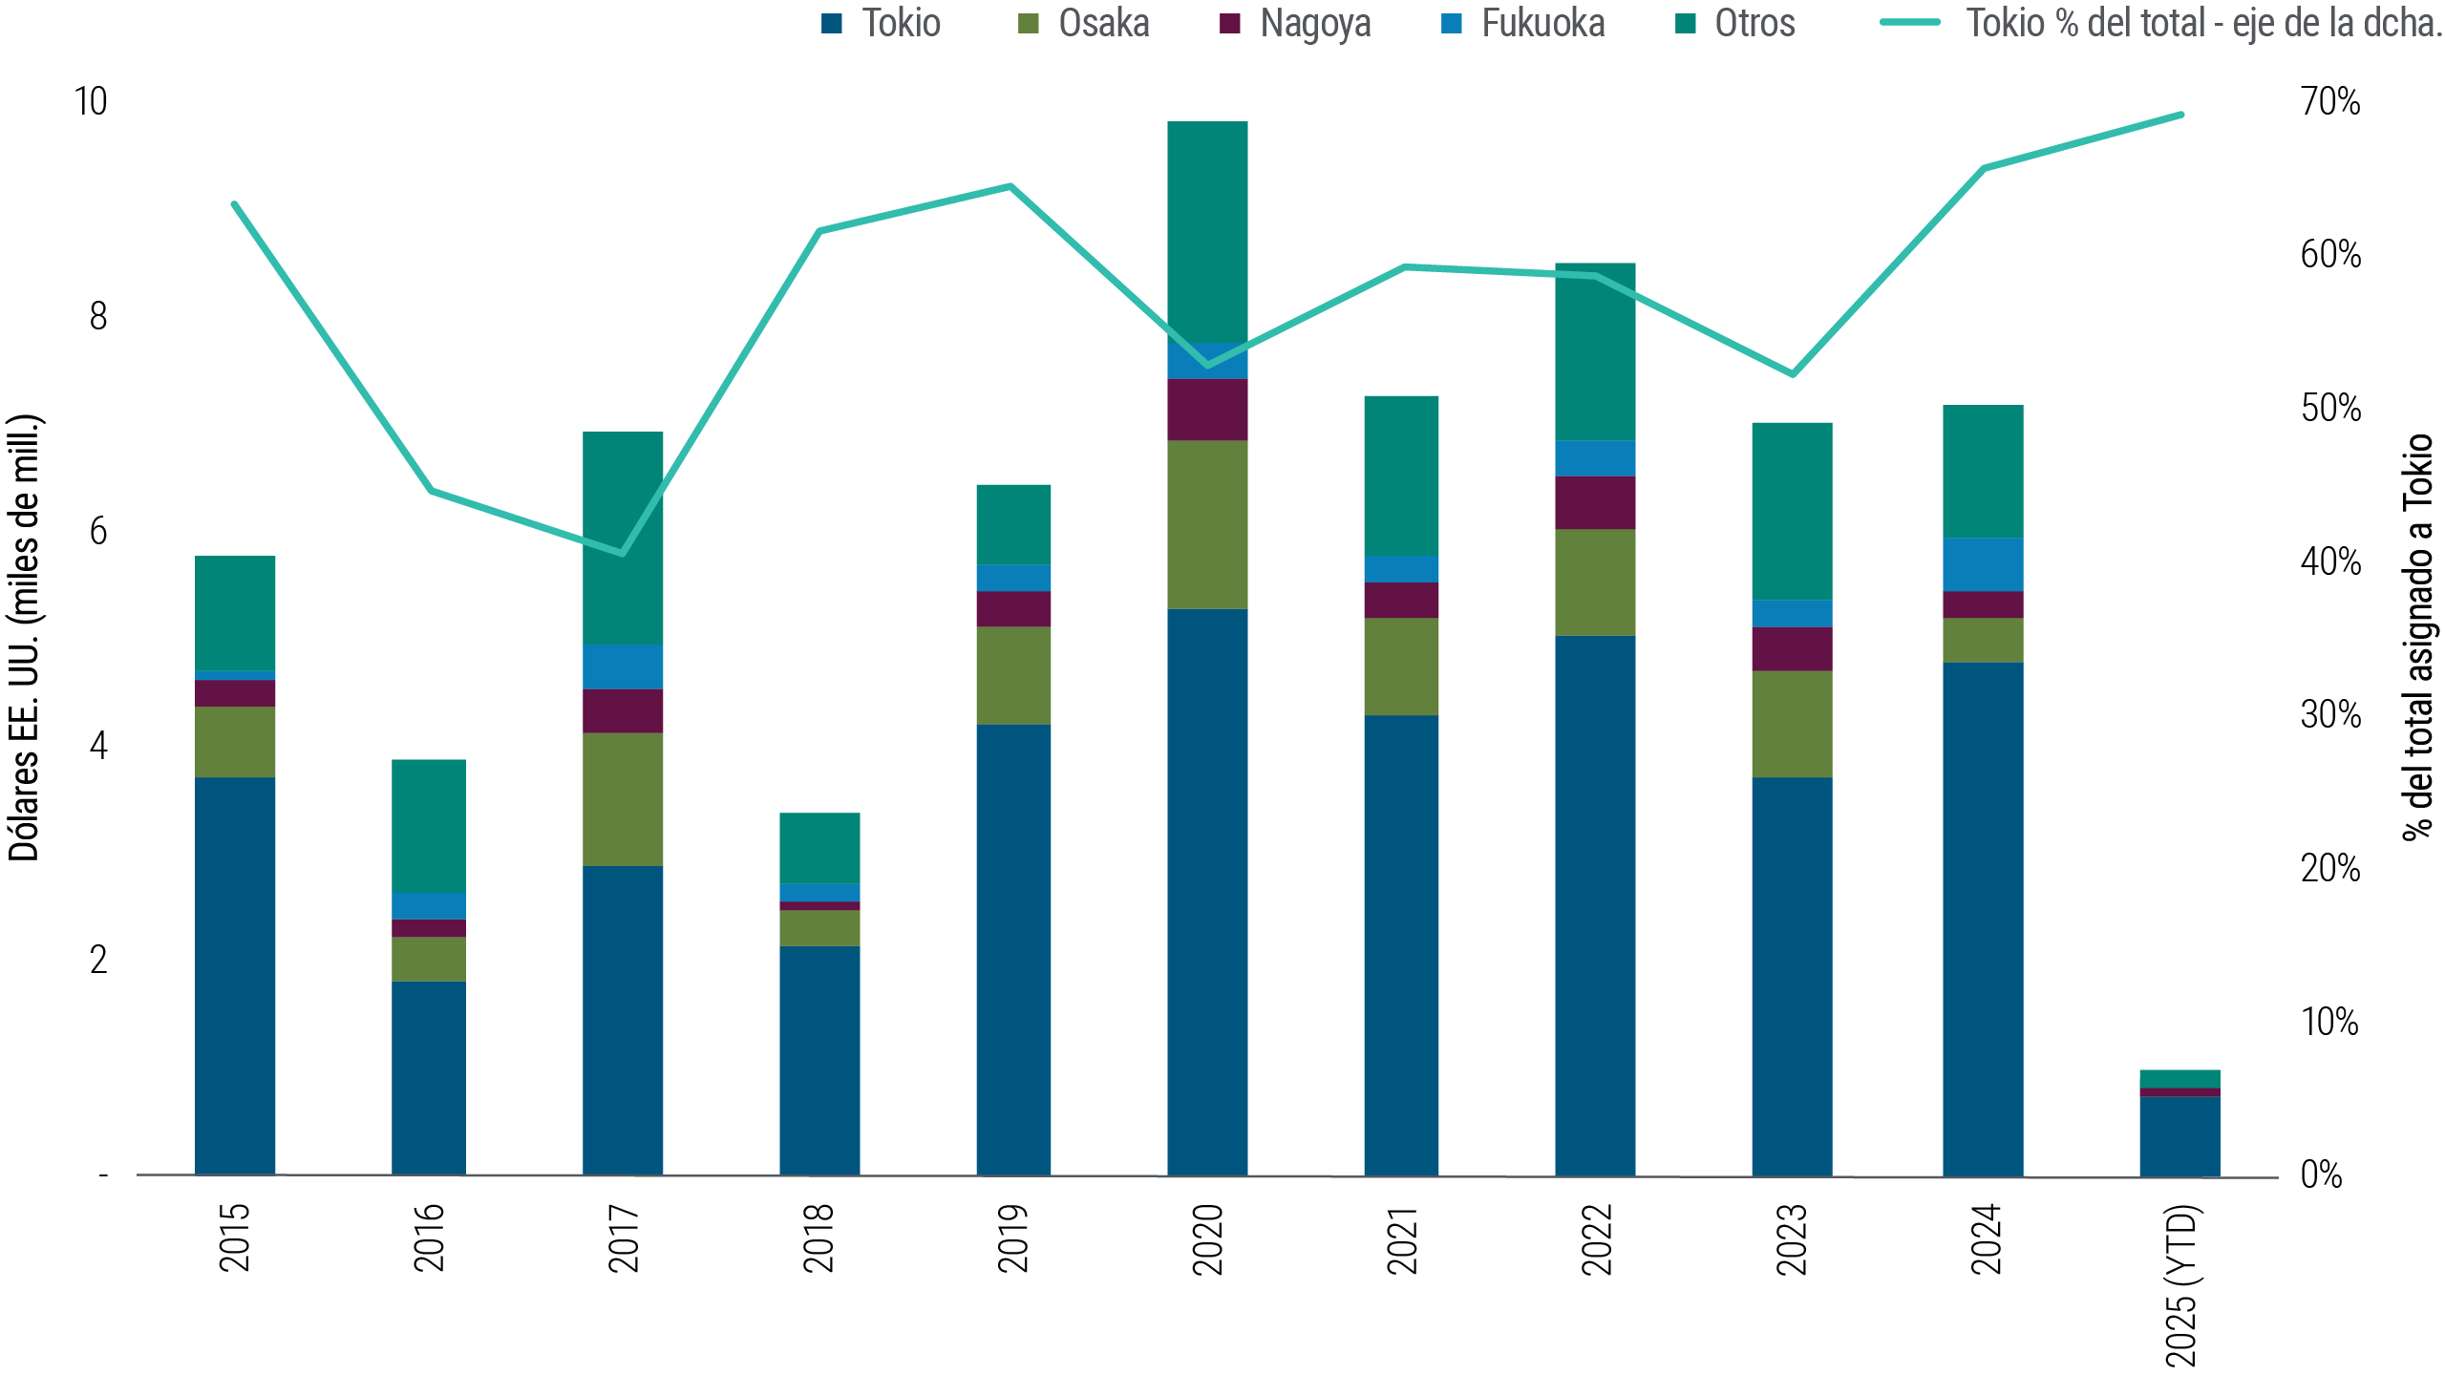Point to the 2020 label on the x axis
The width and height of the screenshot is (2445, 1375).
1208,1238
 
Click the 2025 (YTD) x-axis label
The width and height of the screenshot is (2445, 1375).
2181,1284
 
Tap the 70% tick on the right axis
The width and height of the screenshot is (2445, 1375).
2329,101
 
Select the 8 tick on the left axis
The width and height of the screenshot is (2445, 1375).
98,316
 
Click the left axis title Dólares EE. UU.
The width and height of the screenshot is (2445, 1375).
25,638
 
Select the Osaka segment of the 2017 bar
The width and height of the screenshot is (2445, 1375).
623,799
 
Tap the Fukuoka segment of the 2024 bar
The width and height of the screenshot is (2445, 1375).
1983,564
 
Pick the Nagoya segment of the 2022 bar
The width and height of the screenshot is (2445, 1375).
1595,502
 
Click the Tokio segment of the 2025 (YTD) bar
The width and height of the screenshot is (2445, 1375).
2179,1135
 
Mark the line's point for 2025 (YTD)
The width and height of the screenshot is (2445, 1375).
2180,116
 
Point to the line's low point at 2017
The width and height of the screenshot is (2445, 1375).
623,553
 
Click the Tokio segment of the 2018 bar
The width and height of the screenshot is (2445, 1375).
819,1060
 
